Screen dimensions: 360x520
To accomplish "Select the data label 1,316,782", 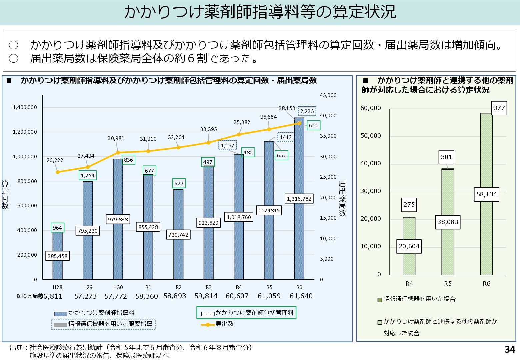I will [299, 199].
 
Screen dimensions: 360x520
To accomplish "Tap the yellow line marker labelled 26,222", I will [58, 172].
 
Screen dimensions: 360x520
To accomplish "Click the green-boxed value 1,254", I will [88, 175].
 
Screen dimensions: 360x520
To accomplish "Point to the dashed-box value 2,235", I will [307, 111].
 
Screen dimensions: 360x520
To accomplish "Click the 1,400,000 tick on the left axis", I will [25, 107].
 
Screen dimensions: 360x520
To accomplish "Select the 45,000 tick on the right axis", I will [328, 95].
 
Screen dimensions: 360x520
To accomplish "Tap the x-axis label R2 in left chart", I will [178, 287].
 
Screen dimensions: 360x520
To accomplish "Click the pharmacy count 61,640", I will [301, 296].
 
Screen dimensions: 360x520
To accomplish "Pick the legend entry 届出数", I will [224, 324].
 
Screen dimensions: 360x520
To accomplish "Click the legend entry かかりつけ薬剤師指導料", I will [101, 313].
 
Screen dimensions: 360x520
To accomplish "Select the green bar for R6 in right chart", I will [486, 233].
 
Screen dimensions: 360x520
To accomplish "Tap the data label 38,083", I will [448, 222].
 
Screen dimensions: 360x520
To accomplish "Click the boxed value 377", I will [499, 108].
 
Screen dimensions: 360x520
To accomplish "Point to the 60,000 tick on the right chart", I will [370, 108].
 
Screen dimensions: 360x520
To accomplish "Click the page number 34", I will [510, 349].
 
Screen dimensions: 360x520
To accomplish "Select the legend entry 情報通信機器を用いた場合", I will [419, 299].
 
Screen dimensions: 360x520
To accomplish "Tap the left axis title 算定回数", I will [5, 195].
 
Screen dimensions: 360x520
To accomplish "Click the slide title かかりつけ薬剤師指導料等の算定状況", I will [260, 12].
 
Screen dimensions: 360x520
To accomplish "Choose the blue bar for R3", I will [208, 253].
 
